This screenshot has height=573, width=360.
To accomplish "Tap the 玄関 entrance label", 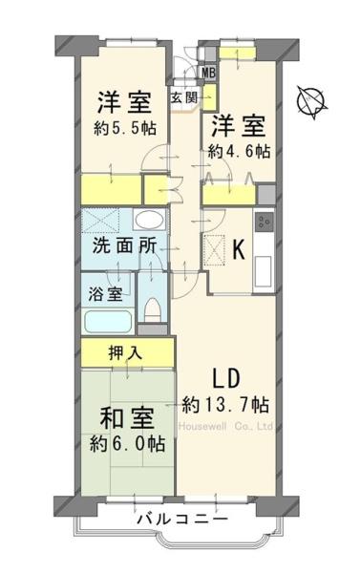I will coord(183,96).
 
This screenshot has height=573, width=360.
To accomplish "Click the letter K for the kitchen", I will coord(240,251).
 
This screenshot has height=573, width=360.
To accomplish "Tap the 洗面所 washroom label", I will coord(124,244).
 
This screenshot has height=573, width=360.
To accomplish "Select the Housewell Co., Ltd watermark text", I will coord(226,427).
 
